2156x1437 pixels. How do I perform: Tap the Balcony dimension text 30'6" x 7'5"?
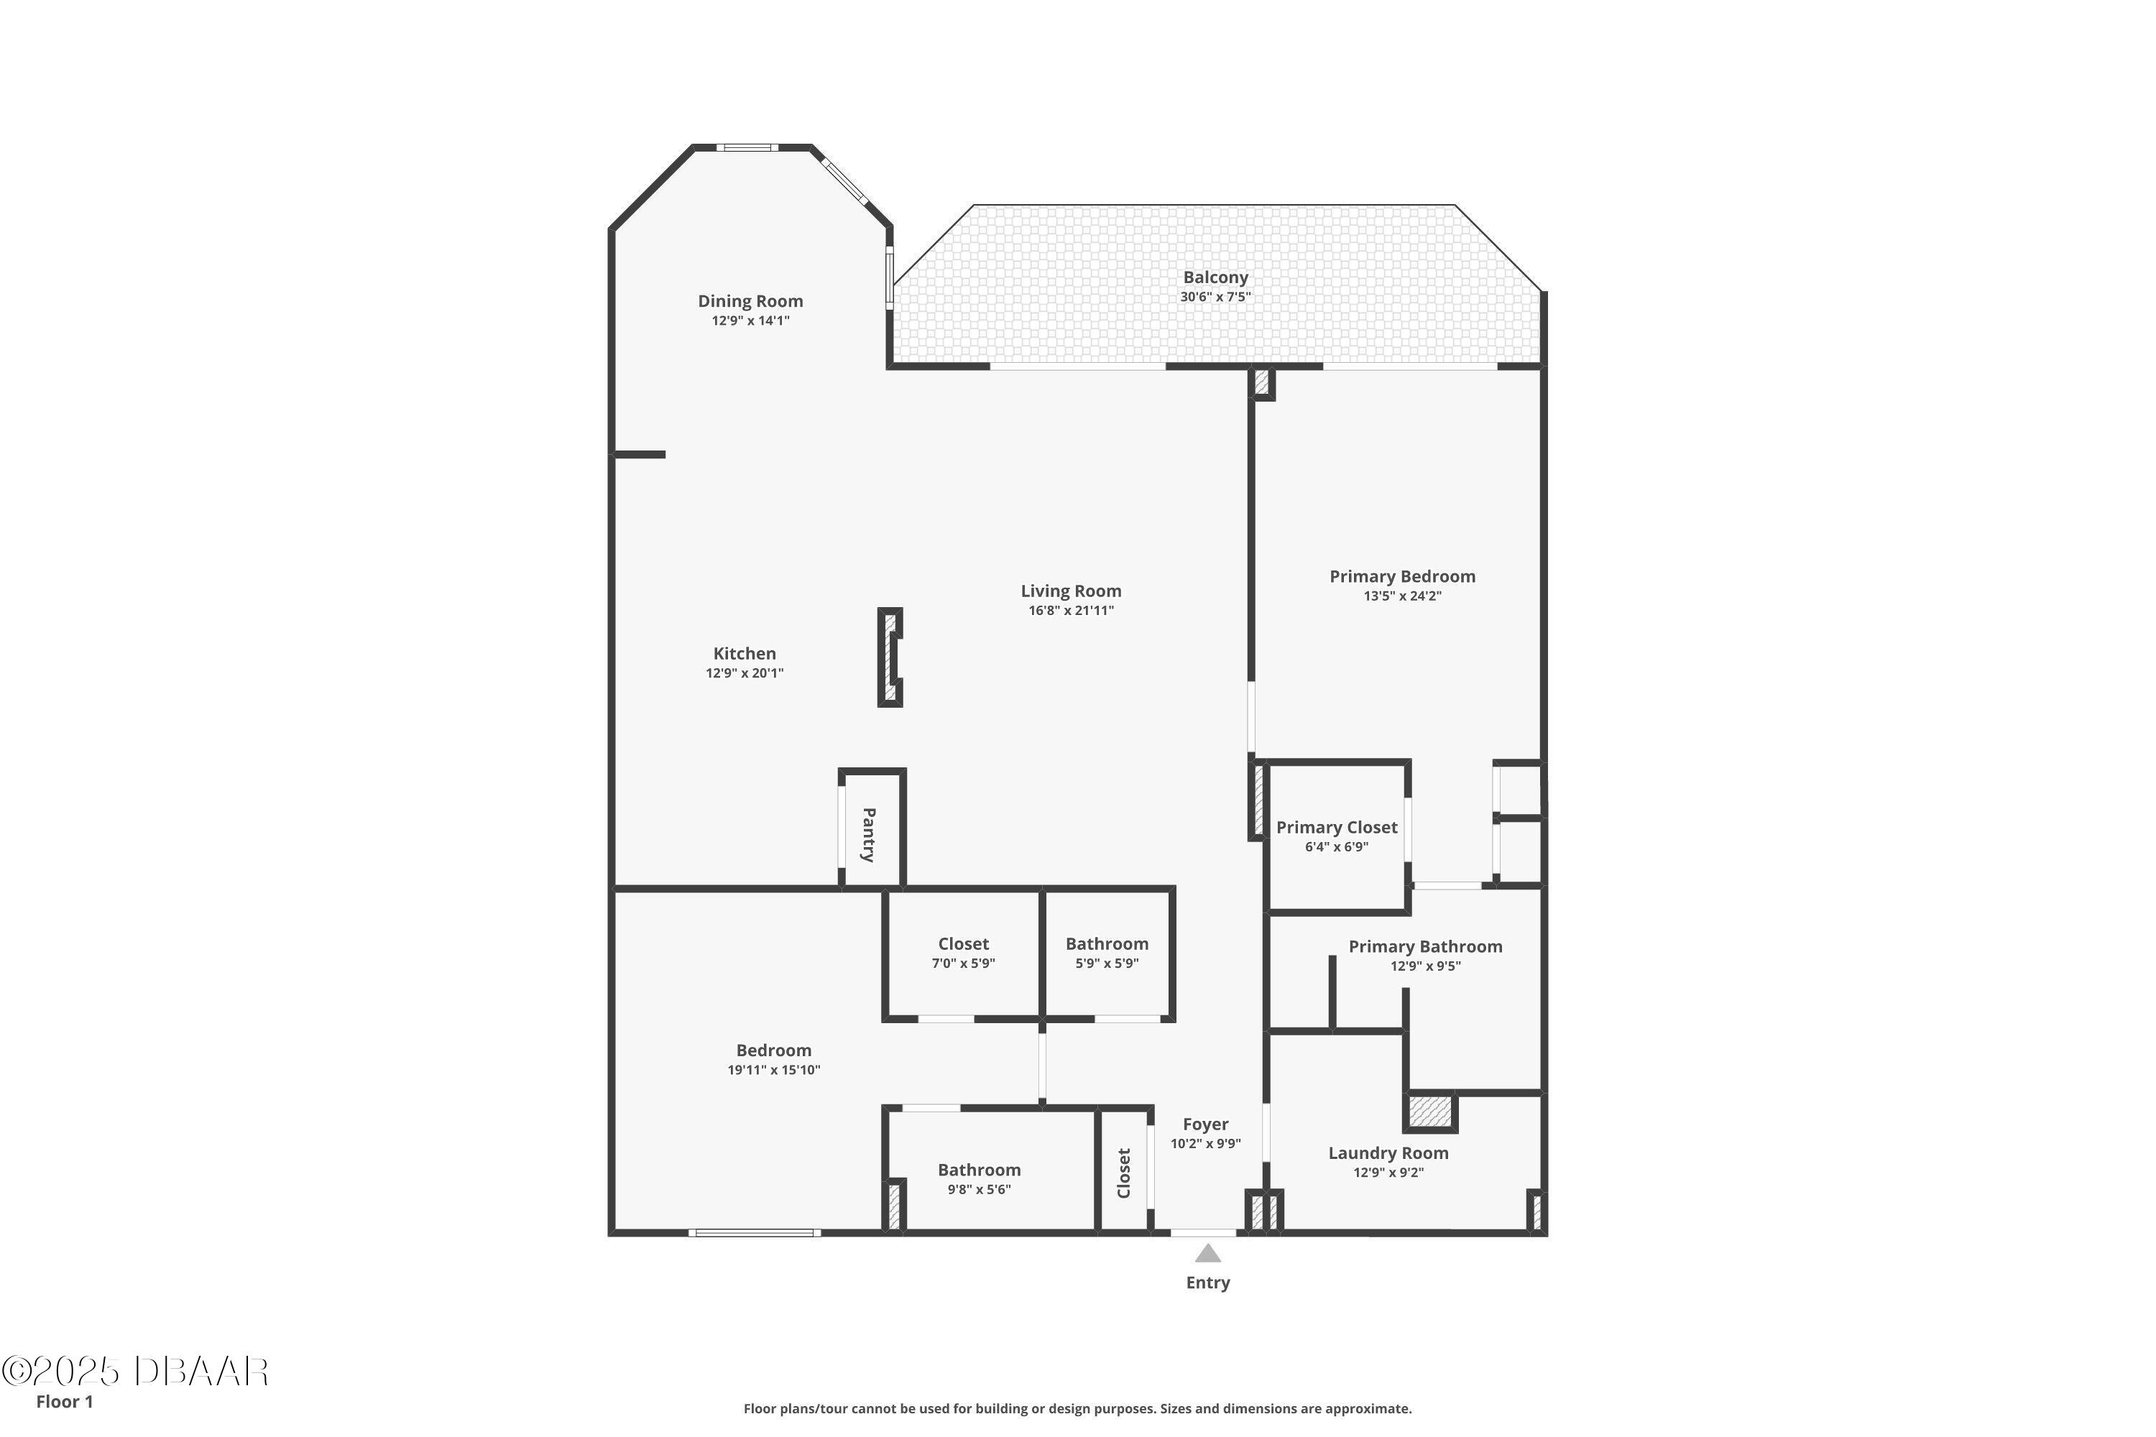(1215, 297)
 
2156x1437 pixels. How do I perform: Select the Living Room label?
(1071, 591)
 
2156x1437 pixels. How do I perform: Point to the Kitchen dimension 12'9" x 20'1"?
(745, 673)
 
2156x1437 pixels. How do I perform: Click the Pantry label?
(868, 834)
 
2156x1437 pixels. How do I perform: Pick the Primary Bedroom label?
(1403, 576)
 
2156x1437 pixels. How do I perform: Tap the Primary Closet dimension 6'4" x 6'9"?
(1337, 847)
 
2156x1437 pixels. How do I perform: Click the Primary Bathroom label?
(1425, 947)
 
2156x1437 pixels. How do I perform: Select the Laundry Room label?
(1388, 1153)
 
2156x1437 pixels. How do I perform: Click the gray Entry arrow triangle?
(1207, 1254)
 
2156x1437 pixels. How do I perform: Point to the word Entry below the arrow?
(1207, 1283)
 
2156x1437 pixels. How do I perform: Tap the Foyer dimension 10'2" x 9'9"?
(1205, 1144)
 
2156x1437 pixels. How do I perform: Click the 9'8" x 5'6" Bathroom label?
(979, 1170)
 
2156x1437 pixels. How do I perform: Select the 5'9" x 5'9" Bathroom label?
(1107, 944)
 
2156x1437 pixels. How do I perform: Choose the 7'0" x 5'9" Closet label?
(964, 944)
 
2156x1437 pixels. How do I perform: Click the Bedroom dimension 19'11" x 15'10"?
(774, 1070)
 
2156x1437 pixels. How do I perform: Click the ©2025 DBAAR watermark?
(135, 1372)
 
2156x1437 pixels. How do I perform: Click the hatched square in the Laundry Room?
(1430, 1112)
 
